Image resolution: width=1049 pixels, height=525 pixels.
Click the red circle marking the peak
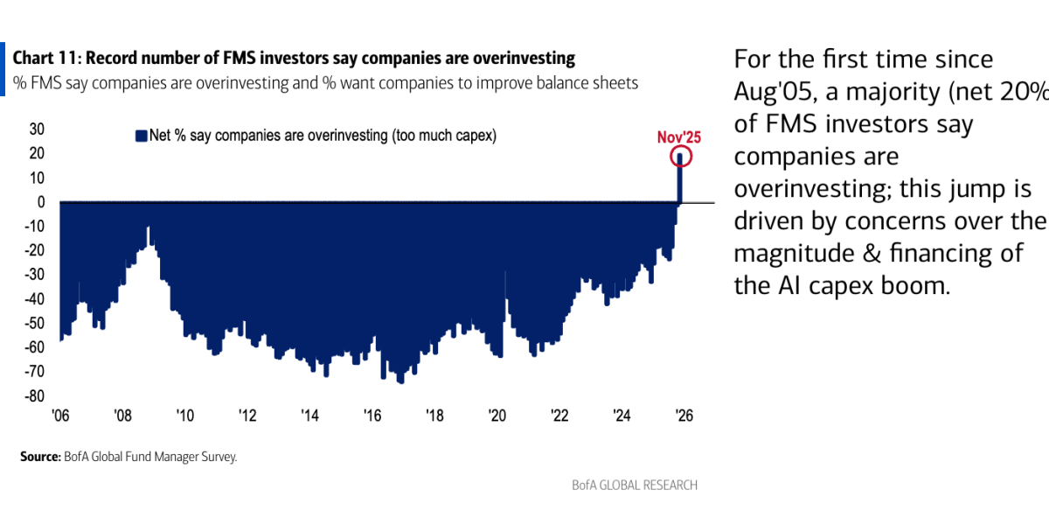click(x=681, y=157)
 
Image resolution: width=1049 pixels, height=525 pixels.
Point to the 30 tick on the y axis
click(x=38, y=129)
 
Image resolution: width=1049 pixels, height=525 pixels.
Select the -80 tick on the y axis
click(x=34, y=396)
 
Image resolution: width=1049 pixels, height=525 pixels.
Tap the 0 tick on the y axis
click(x=40, y=202)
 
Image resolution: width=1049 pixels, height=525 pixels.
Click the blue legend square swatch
click(x=140, y=136)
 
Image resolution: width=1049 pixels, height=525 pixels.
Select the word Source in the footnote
click(x=39, y=457)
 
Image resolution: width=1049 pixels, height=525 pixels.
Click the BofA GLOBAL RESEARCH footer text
click(x=635, y=485)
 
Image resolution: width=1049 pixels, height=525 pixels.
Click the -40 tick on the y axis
click(x=34, y=299)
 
